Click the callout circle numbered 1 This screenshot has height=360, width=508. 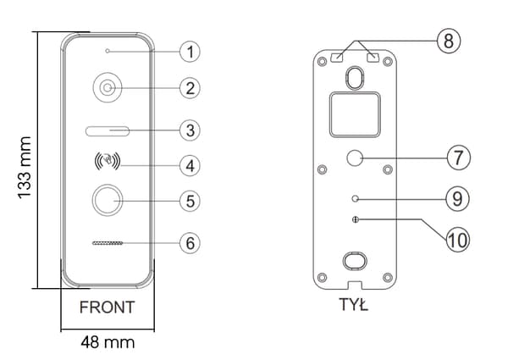tap(190, 52)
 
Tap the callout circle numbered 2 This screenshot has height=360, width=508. tap(190, 88)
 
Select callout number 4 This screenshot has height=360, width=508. tap(190, 166)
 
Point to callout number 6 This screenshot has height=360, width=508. tap(190, 243)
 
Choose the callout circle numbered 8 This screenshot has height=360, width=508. tap(449, 41)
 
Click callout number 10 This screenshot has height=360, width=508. tap(458, 240)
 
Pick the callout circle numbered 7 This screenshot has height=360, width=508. tap(458, 158)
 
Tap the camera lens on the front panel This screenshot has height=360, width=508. tap(108, 88)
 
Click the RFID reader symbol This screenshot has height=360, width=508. tap(108, 160)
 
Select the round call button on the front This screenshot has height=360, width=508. tap(108, 201)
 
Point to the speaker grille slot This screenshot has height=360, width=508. tap(108, 243)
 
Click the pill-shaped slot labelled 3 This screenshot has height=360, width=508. tap(108, 131)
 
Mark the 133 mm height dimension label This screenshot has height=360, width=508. tap(25, 167)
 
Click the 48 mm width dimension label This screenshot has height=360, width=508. tap(108, 342)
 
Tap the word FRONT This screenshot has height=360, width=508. tap(108, 307)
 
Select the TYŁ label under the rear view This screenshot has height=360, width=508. tap(353, 304)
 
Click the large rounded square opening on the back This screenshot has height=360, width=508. tap(355, 114)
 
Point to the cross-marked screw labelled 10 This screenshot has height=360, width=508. tap(356, 219)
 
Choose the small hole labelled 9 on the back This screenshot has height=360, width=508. tap(356, 198)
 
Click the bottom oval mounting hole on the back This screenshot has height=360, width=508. tap(355, 261)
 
